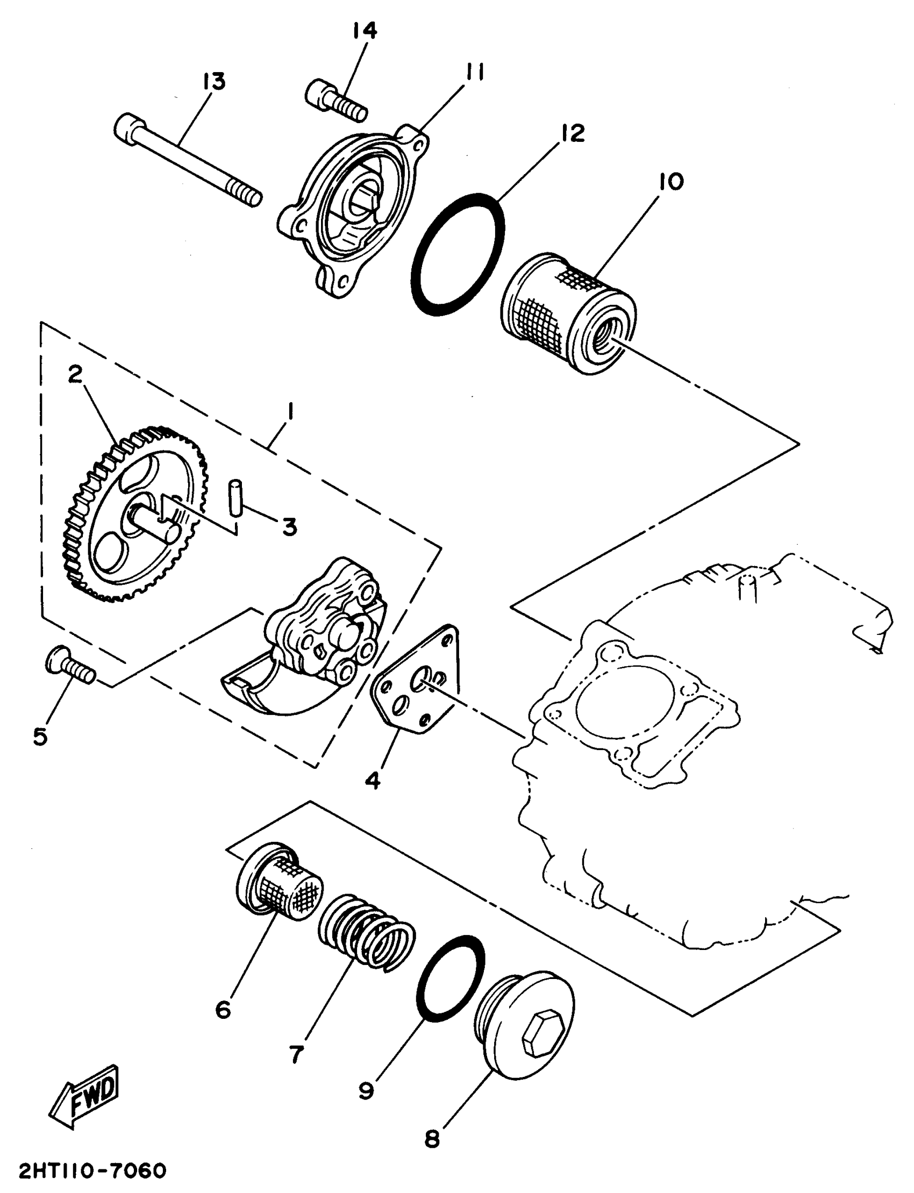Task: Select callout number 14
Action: coord(364,31)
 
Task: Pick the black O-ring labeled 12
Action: coord(458,254)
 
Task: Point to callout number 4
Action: coord(372,781)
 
